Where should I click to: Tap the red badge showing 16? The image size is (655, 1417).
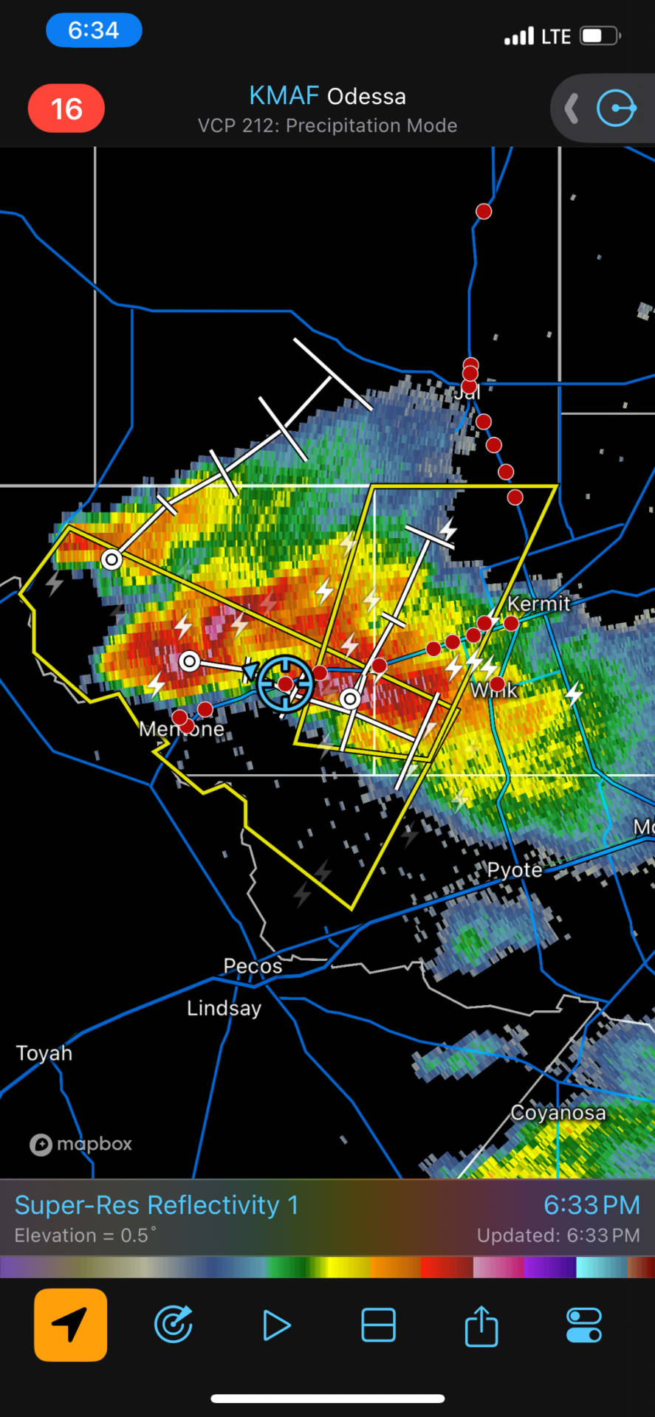66,109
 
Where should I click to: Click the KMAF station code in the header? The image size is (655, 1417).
284,96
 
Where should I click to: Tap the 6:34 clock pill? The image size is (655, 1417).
94,30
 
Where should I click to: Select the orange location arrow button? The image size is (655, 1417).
70,1325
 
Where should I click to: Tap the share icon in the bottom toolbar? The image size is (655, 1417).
481,1325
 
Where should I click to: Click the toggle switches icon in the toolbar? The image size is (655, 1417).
583,1325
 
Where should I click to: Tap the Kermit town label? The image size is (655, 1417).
539,604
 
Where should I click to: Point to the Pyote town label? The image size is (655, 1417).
515,870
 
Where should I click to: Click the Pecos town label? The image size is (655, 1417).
253,966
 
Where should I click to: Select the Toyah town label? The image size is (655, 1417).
44,1053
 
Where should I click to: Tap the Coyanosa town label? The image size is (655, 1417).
558,1112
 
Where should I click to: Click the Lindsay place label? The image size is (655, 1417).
224,1008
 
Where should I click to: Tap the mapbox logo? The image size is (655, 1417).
81,1144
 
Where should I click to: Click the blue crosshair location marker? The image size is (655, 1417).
285,683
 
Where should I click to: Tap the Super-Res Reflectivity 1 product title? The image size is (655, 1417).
157,1205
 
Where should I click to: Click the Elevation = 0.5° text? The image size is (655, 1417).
85,1235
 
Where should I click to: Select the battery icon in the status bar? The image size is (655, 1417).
600,35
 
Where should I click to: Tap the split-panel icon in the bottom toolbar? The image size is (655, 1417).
378,1325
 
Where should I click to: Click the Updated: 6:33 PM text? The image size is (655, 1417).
558,1235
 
